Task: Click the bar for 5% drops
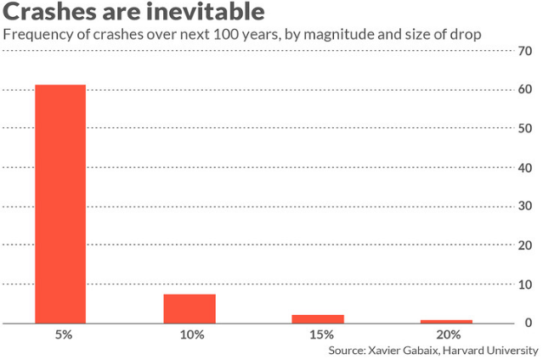(60, 204)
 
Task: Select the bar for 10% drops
(189, 309)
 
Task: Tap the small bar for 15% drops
(319, 319)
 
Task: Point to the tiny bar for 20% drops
(447, 322)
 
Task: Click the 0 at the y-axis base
(528, 323)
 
